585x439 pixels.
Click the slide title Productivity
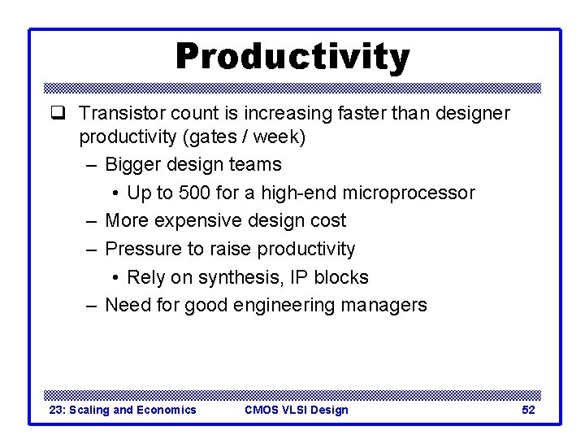(x=292, y=57)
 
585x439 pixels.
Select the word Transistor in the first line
(x=119, y=113)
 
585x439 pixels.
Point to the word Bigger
(x=133, y=165)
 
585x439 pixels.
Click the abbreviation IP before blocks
(x=301, y=277)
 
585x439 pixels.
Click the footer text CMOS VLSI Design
(x=296, y=410)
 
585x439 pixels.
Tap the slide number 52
(x=528, y=410)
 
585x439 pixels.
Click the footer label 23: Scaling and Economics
(x=123, y=410)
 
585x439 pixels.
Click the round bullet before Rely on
(x=117, y=278)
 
